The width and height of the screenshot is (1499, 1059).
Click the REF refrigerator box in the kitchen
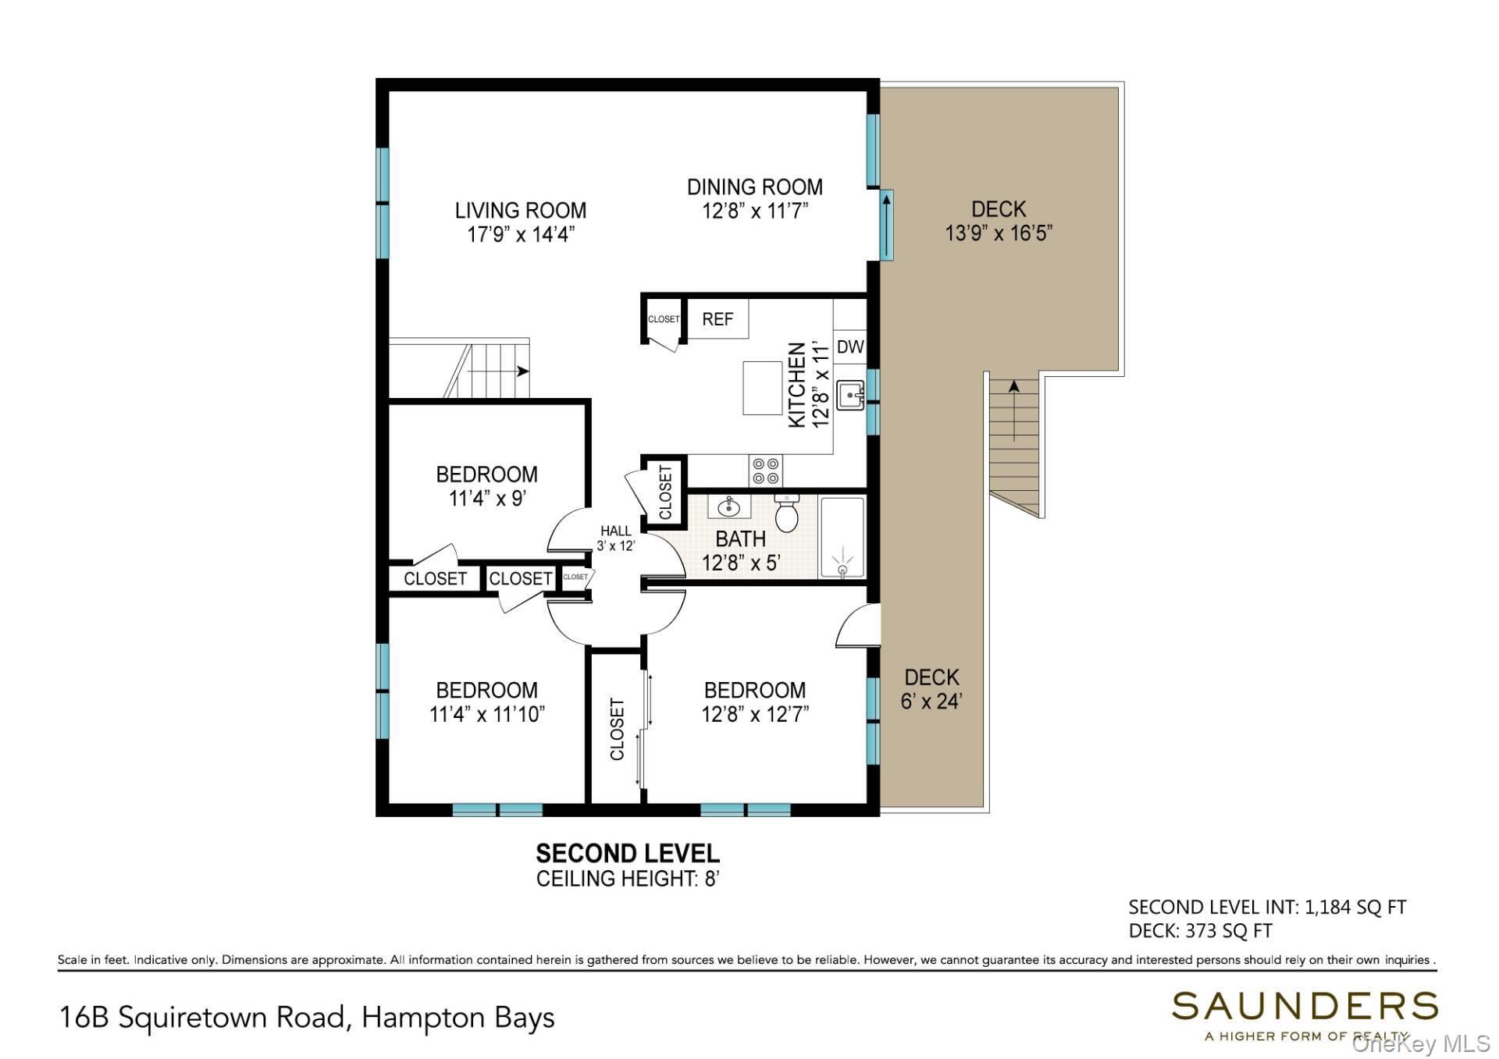[717, 318]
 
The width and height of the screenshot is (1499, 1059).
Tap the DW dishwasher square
[850, 347]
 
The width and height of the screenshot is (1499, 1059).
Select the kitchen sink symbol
[849, 396]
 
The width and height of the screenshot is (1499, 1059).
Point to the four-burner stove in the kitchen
[765, 471]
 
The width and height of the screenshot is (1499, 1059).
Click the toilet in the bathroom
[786, 512]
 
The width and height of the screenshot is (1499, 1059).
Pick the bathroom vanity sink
[729, 507]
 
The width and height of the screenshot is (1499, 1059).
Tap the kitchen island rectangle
[762, 388]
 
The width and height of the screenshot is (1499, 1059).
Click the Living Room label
[521, 211]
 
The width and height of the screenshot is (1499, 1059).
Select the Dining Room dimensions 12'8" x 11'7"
[755, 211]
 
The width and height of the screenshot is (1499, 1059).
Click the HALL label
[616, 531]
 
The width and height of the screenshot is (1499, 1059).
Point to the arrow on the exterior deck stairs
[1014, 410]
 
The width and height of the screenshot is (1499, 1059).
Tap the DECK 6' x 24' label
[931, 689]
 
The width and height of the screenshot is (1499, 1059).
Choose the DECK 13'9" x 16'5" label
[999, 221]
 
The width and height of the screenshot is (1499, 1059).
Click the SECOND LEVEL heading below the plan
[628, 852]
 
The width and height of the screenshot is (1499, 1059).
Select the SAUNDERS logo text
[1305, 1006]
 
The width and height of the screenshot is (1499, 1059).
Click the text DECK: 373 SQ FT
[1200, 931]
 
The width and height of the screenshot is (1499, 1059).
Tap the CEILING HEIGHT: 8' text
[628, 879]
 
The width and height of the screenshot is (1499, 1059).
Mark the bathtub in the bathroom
[842, 538]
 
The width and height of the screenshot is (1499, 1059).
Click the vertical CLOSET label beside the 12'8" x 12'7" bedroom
[618, 730]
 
